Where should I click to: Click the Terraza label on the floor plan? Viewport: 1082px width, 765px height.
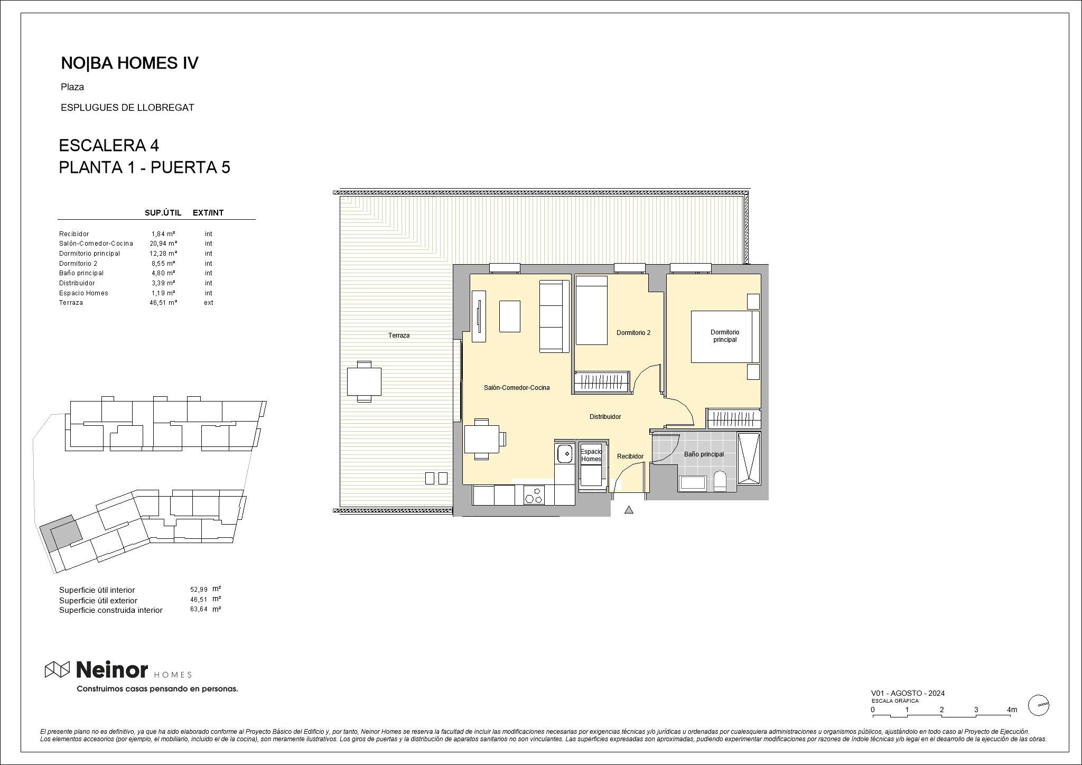399,335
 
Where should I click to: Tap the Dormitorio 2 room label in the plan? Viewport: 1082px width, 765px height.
633,333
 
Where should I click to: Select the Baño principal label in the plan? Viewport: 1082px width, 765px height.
704,454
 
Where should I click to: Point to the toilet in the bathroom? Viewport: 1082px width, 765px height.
720,481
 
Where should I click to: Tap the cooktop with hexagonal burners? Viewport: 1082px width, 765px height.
534,495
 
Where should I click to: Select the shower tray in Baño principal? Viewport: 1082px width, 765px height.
749,459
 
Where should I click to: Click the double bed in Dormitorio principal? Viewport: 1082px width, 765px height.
725,337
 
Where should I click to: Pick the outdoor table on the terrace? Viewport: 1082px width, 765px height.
364,381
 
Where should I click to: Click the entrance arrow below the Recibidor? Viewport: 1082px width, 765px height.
629,510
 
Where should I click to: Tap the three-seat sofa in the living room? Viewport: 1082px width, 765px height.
554,316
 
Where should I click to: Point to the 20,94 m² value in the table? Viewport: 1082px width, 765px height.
163,244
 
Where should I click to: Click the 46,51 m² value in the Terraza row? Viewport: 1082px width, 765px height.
163,303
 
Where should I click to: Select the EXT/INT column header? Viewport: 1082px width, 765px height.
208,213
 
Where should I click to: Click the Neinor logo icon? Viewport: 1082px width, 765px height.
57,669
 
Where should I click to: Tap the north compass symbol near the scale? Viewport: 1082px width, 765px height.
1038,705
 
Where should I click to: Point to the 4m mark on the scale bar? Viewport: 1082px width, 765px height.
1012,710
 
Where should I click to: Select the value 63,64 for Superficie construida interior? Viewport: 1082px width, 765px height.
199,610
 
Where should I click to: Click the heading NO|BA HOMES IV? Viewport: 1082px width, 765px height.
129,63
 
